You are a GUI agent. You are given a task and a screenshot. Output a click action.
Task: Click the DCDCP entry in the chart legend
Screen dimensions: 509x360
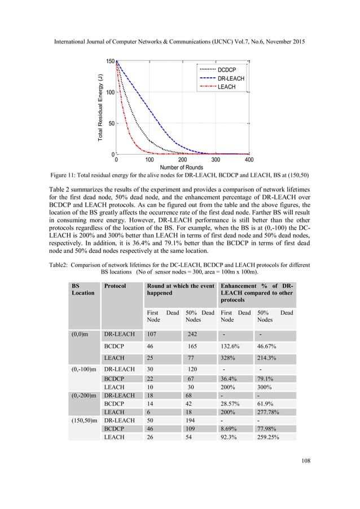227,69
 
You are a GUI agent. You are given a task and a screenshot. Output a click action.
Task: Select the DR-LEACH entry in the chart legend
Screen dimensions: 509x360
230,78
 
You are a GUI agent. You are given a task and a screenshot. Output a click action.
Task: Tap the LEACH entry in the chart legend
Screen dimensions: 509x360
226,87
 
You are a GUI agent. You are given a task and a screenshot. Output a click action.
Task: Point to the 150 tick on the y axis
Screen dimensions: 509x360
110,61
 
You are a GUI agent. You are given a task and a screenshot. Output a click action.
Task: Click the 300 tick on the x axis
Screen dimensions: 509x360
216,160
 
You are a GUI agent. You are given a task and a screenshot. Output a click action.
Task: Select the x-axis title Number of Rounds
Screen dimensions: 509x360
182,168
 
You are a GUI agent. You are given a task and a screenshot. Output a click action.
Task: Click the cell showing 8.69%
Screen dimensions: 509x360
230,429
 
